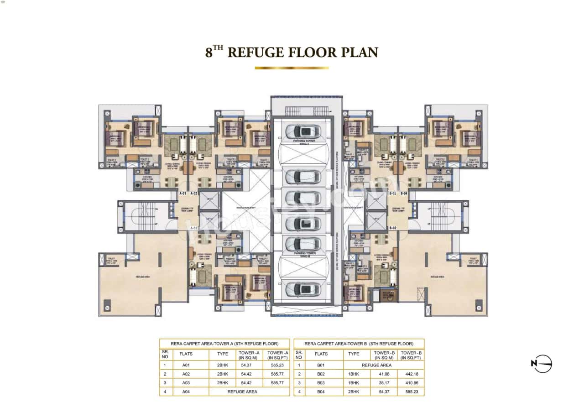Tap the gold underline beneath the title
point(292,68)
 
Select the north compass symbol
point(542,364)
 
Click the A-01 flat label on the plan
point(183,193)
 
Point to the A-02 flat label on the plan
point(193,193)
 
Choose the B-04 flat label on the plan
point(404,193)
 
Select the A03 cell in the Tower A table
point(186,383)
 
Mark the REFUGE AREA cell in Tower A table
point(249,392)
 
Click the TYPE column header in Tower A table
point(222,354)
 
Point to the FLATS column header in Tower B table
point(321,354)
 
